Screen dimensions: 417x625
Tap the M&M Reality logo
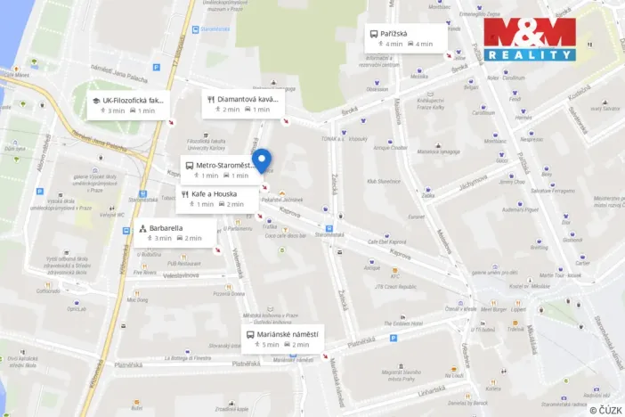530,40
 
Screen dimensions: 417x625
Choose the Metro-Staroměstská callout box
221,169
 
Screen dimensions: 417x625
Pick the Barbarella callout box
170,233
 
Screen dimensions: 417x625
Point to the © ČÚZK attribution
605,409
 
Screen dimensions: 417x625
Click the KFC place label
395,275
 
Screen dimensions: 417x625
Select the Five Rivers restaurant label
145,273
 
